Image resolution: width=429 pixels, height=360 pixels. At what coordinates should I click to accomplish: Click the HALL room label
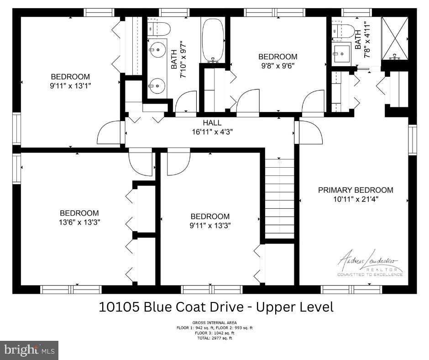[x=212, y=123]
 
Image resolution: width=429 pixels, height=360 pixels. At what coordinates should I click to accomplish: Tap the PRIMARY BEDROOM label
[x=356, y=190]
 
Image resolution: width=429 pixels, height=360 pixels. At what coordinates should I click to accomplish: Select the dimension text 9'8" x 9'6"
[x=277, y=65]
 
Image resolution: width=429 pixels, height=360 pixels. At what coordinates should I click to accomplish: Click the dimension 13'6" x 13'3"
[x=79, y=222]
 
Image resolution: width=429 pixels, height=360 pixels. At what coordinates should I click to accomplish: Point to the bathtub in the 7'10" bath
[x=212, y=40]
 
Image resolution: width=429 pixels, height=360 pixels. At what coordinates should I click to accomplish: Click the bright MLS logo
[x=29, y=350]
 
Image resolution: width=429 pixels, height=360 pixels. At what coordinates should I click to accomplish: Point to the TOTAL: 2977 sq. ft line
[x=214, y=338]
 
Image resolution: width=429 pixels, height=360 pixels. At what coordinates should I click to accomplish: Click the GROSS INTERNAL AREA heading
[x=214, y=323]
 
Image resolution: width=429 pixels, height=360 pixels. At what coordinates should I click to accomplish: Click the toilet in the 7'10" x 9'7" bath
[x=159, y=29]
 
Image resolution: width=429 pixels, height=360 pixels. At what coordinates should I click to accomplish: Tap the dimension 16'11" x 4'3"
[x=212, y=132]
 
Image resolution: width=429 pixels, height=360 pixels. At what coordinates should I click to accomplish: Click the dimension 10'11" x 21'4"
[x=356, y=199]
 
